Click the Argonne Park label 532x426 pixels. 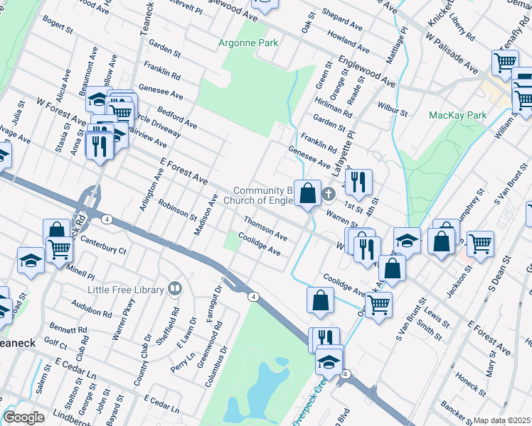coord(248,43)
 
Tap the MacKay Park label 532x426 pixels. coord(457,115)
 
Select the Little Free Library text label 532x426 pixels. coord(125,289)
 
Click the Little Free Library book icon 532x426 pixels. coord(174,289)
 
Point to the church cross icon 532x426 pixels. coord(328,193)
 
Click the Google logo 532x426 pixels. coord(24,417)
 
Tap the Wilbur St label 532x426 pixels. coord(392,112)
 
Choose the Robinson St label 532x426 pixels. coord(177,209)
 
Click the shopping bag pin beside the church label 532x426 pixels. coord(308,194)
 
